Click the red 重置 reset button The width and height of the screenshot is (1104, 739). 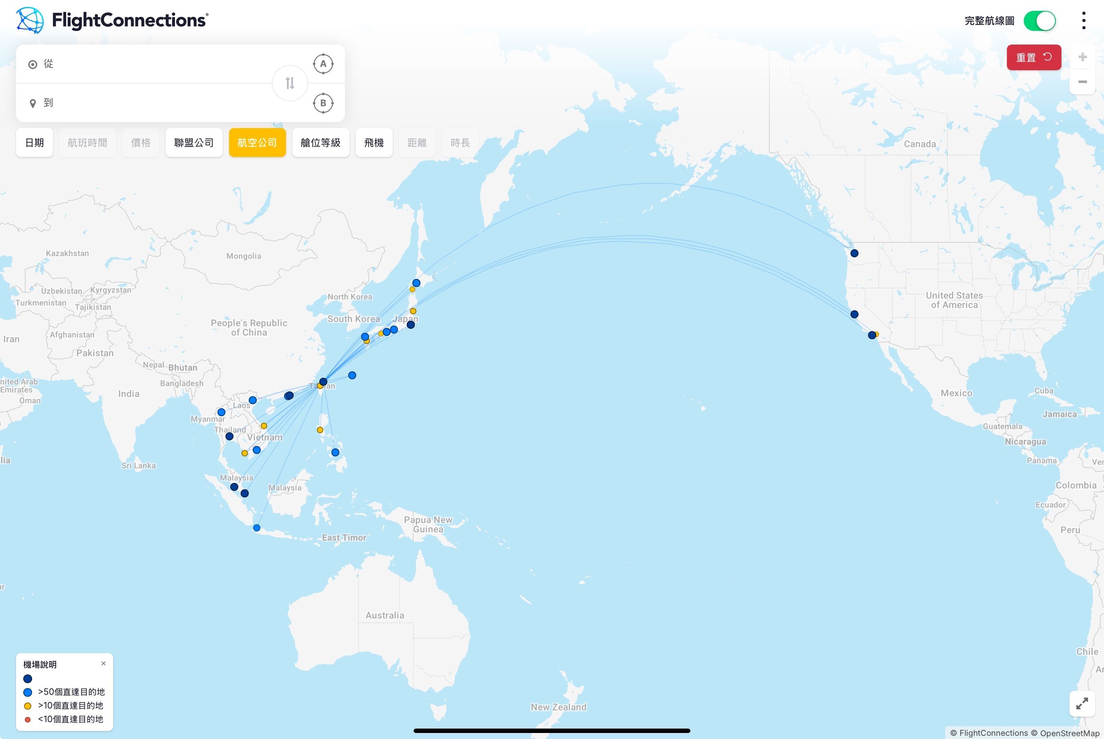click(x=1033, y=57)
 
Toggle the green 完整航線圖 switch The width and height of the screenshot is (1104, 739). click(x=1039, y=21)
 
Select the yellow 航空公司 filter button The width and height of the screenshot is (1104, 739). click(x=257, y=143)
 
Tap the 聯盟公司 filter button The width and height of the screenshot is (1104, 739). click(x=194, y=143)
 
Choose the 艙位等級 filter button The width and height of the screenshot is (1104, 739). click(x=320, y=143)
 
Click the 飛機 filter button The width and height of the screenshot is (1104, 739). click(x=374, y=143)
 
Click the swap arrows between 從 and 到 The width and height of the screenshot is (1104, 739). click(x=290, y=83)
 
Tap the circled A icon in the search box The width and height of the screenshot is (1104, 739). click(x=323, y=64)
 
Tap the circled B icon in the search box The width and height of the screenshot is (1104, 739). click(x=323, y=103)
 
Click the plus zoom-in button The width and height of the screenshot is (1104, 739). click(x=1082, y=57)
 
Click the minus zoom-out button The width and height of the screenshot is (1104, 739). click(x=1082, y=81)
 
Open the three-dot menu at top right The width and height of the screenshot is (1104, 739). click(x=1084, y=21)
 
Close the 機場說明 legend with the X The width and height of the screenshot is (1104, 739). click(x=103, y=664)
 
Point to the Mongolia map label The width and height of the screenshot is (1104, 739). click(x=244, y=256)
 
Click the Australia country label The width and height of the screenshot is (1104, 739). click(x=385, y=615)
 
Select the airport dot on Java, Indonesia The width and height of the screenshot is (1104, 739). click(x=257, y=528)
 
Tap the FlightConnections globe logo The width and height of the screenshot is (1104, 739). click(x=30, y=20)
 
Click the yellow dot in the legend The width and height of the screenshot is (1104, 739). click(x=28, y=706)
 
